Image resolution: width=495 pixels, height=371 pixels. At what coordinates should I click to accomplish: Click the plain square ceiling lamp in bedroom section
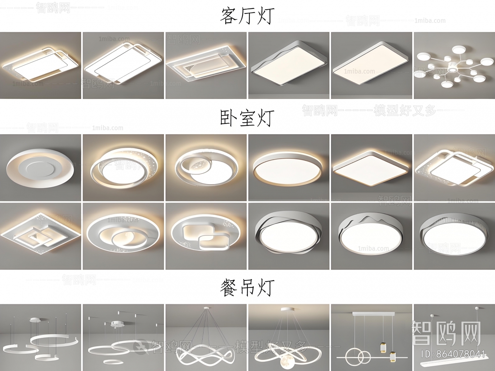coord(371,167)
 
